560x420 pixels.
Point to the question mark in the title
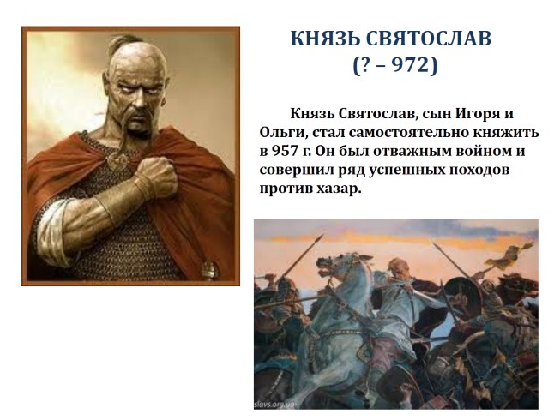point(361,66)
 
